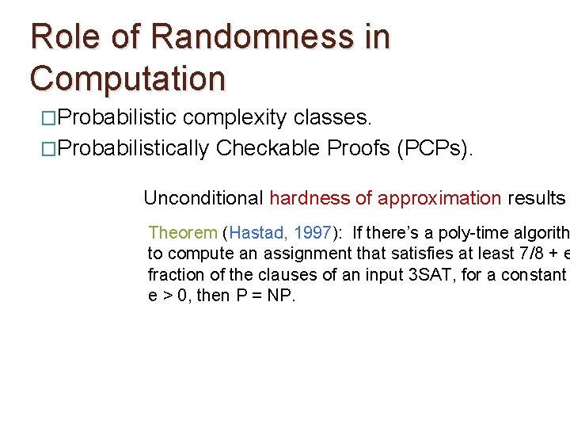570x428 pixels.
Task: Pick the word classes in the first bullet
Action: tap(331, 118)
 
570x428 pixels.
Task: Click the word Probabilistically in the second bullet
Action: tap(134, 148)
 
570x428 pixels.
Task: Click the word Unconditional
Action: tap(204, 198)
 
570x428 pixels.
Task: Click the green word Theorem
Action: tap(182, 232)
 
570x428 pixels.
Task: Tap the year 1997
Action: tap(311, 232)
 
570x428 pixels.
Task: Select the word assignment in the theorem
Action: tap(279, 254)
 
